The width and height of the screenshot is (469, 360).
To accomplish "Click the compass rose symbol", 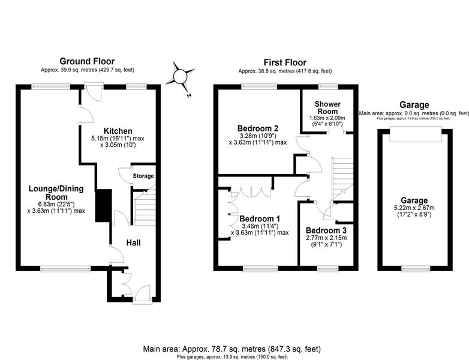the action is click(x=181, y=77).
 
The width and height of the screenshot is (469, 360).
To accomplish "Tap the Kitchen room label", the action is click(x=118, y=131).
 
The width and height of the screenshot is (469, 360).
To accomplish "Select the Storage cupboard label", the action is click(x=143, y=176).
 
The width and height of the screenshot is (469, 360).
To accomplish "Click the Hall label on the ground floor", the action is click(x=133, y=242).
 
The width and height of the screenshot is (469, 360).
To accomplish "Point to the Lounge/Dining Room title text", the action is click(x=56, y=193).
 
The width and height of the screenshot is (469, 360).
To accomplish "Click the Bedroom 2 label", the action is click(x=258, y=128).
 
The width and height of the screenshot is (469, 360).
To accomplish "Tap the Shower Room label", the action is click(x=327, y=107).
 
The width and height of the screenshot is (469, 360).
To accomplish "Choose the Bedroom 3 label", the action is click(x=326, y=230).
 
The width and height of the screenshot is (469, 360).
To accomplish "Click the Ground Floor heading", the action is click(x=87, y=61).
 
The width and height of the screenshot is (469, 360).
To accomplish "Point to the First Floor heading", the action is click(x=285, y=62).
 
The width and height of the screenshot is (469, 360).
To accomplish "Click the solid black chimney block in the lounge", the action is click(x=104, y=206).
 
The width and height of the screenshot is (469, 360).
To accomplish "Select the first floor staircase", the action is click(x=342, y=178).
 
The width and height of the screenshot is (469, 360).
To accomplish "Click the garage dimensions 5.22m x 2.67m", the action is click(x=414, y=208).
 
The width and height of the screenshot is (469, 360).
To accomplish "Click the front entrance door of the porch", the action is click(x=142, y=293).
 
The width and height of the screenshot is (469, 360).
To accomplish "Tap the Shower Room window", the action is click(x=328, y=87).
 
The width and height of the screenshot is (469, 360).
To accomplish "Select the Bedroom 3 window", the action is click(x=328, y=269).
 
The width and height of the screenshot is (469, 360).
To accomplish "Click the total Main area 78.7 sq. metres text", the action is click(x=232, y=349).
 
